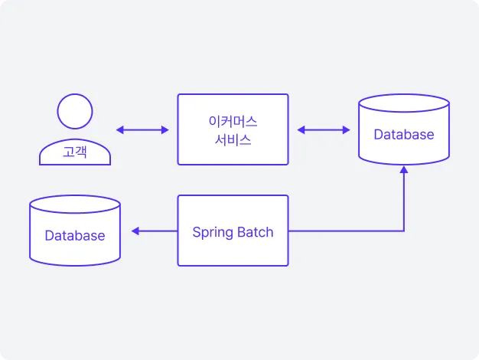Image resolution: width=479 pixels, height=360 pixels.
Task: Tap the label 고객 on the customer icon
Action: (x=75, y=152)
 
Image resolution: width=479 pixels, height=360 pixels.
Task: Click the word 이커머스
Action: (x=233, y=122)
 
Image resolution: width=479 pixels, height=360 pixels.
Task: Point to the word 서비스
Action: (x=233, y=140)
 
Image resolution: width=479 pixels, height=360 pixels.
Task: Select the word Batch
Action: (x=256, y=232)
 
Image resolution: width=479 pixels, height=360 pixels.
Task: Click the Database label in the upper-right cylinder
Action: (x=404, y=135)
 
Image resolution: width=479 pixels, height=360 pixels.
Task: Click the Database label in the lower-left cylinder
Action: (x=75, y=235)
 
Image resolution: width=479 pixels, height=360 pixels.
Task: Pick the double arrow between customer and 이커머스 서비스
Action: (x=142, y=130)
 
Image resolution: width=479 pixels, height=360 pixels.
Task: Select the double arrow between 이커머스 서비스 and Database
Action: (x=324, y=130)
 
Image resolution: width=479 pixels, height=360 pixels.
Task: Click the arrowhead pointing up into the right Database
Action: (x=404, y=170)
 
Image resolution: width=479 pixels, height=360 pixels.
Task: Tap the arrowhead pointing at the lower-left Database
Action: (x=135, y=231)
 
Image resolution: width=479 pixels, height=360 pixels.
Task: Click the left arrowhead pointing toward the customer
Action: (x=120, y=130)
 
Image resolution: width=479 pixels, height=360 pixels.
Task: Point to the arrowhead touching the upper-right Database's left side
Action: (x=346, y=130)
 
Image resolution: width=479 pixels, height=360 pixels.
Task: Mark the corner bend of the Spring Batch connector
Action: (x=404, y=231)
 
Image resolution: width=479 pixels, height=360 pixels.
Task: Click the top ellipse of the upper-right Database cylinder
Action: (x=404, y=94)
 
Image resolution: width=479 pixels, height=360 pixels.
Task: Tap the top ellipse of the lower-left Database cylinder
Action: (x=75, y=195)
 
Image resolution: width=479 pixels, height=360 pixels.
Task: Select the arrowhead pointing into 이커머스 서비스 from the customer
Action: (x=165, y=130)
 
